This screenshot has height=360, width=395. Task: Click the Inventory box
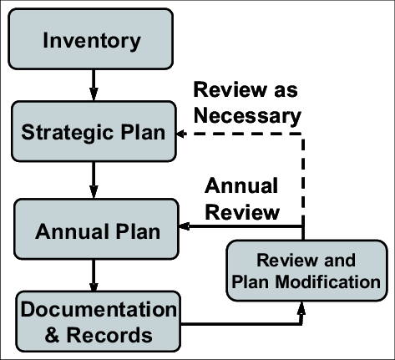pyautogui.click(x=92, y=40)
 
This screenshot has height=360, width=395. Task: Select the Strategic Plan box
pyautogui.click(x=93, y=134)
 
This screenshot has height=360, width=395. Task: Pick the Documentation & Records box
pyautogui.click(x=99, y=322)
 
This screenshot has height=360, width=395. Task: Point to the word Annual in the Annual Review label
pyautogui.click(x=241, y=185)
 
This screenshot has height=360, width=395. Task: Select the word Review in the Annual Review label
pyautogui.click(x=241, y=211)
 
